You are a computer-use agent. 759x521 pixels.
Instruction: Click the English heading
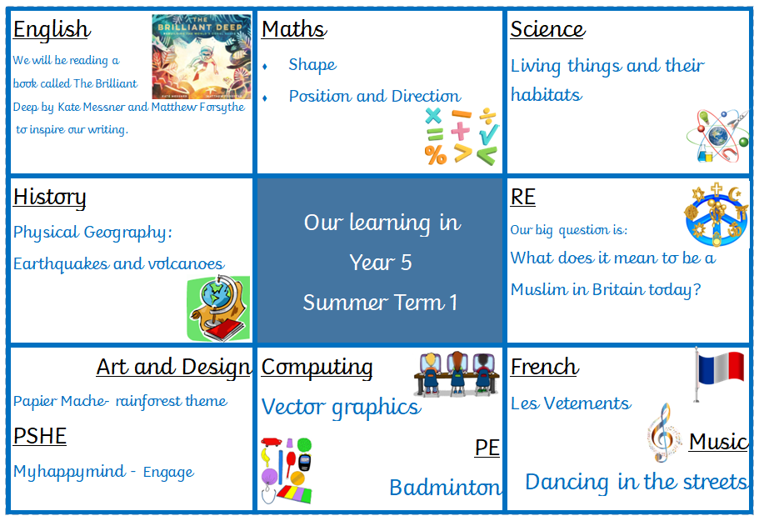[x=52, y=30]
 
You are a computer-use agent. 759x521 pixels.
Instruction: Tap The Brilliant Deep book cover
[x=202, y=57]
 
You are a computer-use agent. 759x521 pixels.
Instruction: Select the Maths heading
[x=294, y=29]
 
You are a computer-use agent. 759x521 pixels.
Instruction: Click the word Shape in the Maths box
[x=312, y=65]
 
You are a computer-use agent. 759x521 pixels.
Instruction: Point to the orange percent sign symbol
[x=436, y=155]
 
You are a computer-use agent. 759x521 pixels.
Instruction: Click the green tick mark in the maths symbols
[x=489, y=134]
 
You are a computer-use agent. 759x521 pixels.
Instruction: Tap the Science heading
[x=547, y=29]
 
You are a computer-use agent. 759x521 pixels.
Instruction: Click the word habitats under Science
[x=547, y=94]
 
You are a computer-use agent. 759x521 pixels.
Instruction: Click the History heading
[x=49, y=198]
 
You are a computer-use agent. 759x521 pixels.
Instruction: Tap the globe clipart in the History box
[x=218, y=308]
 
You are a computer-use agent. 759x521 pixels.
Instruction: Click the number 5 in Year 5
[x=406, y=263]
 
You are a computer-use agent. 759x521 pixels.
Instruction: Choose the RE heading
[x=522, y=197]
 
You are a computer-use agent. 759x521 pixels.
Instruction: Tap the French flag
[x=720, y=372]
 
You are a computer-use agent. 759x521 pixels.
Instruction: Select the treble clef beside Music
[x=662, y=433]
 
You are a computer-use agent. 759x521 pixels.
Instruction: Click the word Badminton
[x=446, y=488]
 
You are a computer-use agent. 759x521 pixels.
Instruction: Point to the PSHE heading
[x=40, y=436]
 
